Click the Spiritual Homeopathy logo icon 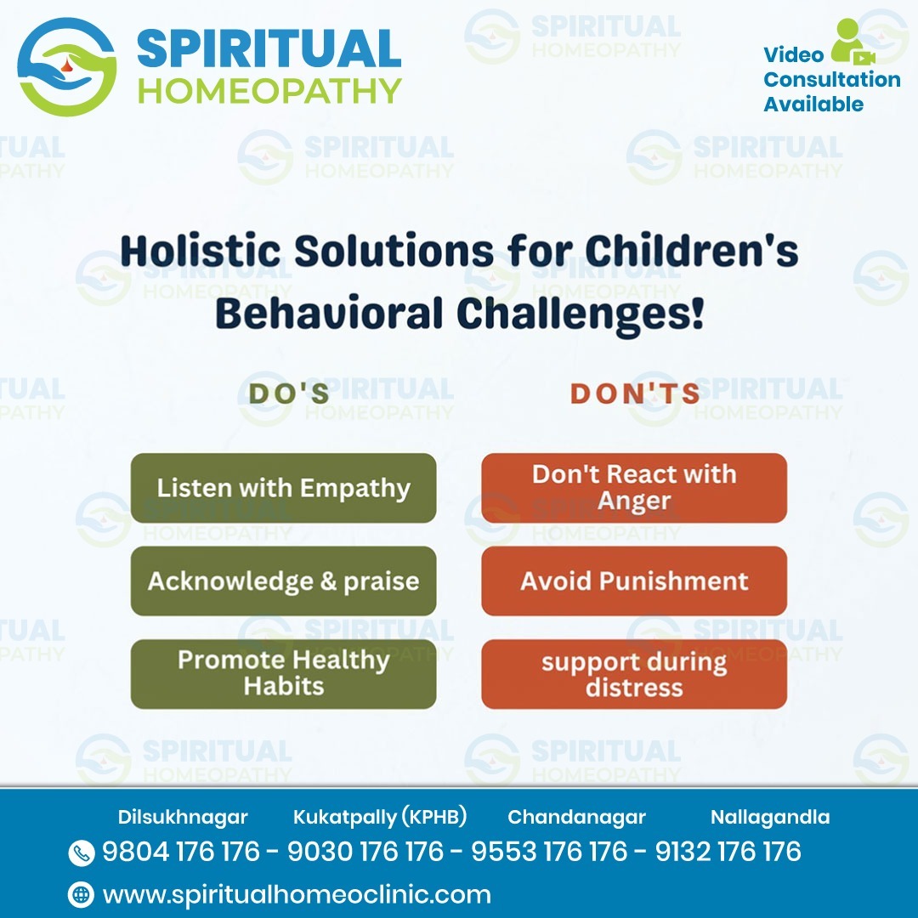tap(66, 67)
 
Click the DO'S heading tap(289, 394)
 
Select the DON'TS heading tap(635, 394)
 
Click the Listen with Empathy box tap(283, 488)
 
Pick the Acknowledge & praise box tap(283, 581)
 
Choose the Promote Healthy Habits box tap(283, 673)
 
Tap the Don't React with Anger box tap(634, 488)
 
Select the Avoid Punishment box tap(634, 581)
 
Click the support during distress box tap(634, 674)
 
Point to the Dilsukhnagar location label tap(183, 818)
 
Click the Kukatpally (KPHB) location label tap(380, 818)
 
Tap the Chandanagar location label tap(576, 818)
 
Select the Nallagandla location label tap(770, 818)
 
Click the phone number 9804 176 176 tap(181, 852)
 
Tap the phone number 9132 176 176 tap(728, 852)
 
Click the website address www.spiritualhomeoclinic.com tap(297, 894)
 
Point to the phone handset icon tap(81, 853)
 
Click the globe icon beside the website tap(81, 894)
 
